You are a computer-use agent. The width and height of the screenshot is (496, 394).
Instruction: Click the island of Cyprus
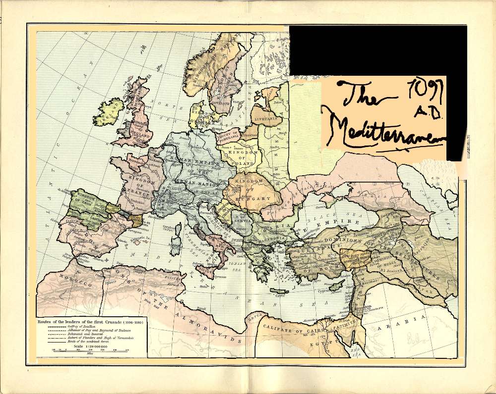click(x=337, y=286)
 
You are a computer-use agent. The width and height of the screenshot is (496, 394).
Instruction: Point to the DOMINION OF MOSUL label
click(x=381, y=263)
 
